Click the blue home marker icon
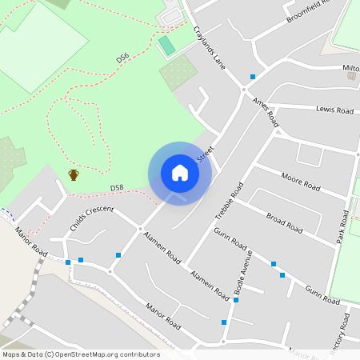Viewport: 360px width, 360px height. (180, 173)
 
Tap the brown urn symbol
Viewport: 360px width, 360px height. (74, 174)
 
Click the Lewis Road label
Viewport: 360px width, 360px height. (334, 109)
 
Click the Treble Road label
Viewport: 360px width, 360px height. (230, 201)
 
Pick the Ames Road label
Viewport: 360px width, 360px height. (265, 113)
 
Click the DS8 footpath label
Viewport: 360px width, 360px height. (117, 188)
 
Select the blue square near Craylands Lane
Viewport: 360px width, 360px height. (253, 77)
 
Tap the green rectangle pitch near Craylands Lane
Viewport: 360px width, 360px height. (166, 46)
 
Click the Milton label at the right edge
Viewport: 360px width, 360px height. (350, 68)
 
